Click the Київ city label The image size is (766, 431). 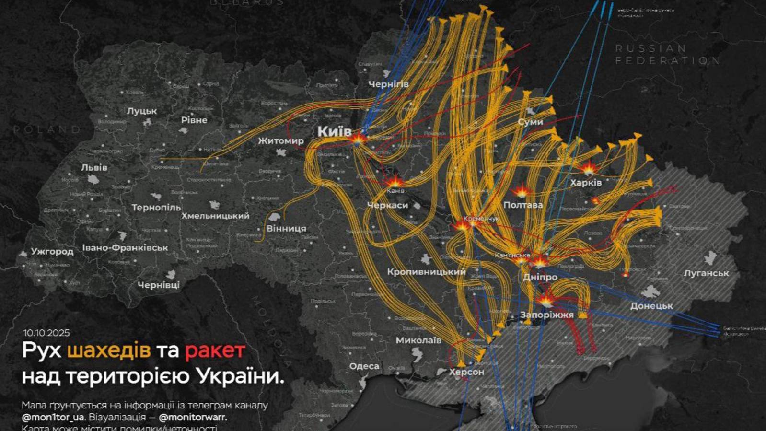(334, 131)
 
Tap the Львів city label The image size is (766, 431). (94, 168)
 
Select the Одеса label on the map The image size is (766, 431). (364, 366)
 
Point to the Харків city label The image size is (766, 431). (586, 183)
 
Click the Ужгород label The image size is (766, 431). (52, 251)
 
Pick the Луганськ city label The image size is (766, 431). (706, 273)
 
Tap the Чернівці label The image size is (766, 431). (159, 285)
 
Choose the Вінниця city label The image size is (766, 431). (286, 229)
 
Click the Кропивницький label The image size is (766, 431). (426, 272)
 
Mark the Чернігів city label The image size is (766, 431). (388, 84)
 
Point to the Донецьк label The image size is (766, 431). (651, 306)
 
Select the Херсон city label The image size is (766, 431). (466, 372)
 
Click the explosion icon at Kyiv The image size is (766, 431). (358, 139)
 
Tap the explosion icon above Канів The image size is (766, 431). (395, 182)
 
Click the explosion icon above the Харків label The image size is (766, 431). (588, 169)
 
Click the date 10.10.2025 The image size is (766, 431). (46, 333)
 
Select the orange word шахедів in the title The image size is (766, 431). (109, 350)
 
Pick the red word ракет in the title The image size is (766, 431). (215, 350)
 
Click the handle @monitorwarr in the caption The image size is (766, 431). (193, 418)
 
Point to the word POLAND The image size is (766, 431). (46, 129)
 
